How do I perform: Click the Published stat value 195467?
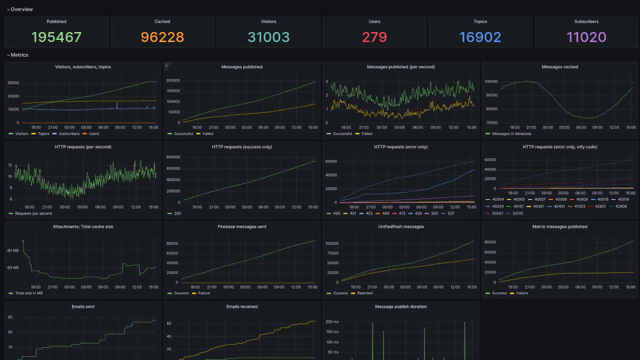[57, 37]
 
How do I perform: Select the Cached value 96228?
[162, 37]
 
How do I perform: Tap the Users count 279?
[374, 37]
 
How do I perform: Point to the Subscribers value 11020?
[587, 37]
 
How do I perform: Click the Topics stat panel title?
[481, 22]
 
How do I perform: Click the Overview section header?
[21, 10]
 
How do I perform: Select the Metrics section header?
[19, 55]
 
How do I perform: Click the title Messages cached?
[559, 67]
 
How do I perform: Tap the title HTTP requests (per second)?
[83, 147]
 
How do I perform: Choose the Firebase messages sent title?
[242, 227]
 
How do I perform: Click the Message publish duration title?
[401, 307]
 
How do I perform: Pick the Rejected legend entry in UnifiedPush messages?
[365, 293]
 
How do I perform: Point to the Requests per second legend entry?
[34, 213]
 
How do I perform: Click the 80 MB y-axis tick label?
[12, 251]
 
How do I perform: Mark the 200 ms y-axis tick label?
[332, 322]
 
